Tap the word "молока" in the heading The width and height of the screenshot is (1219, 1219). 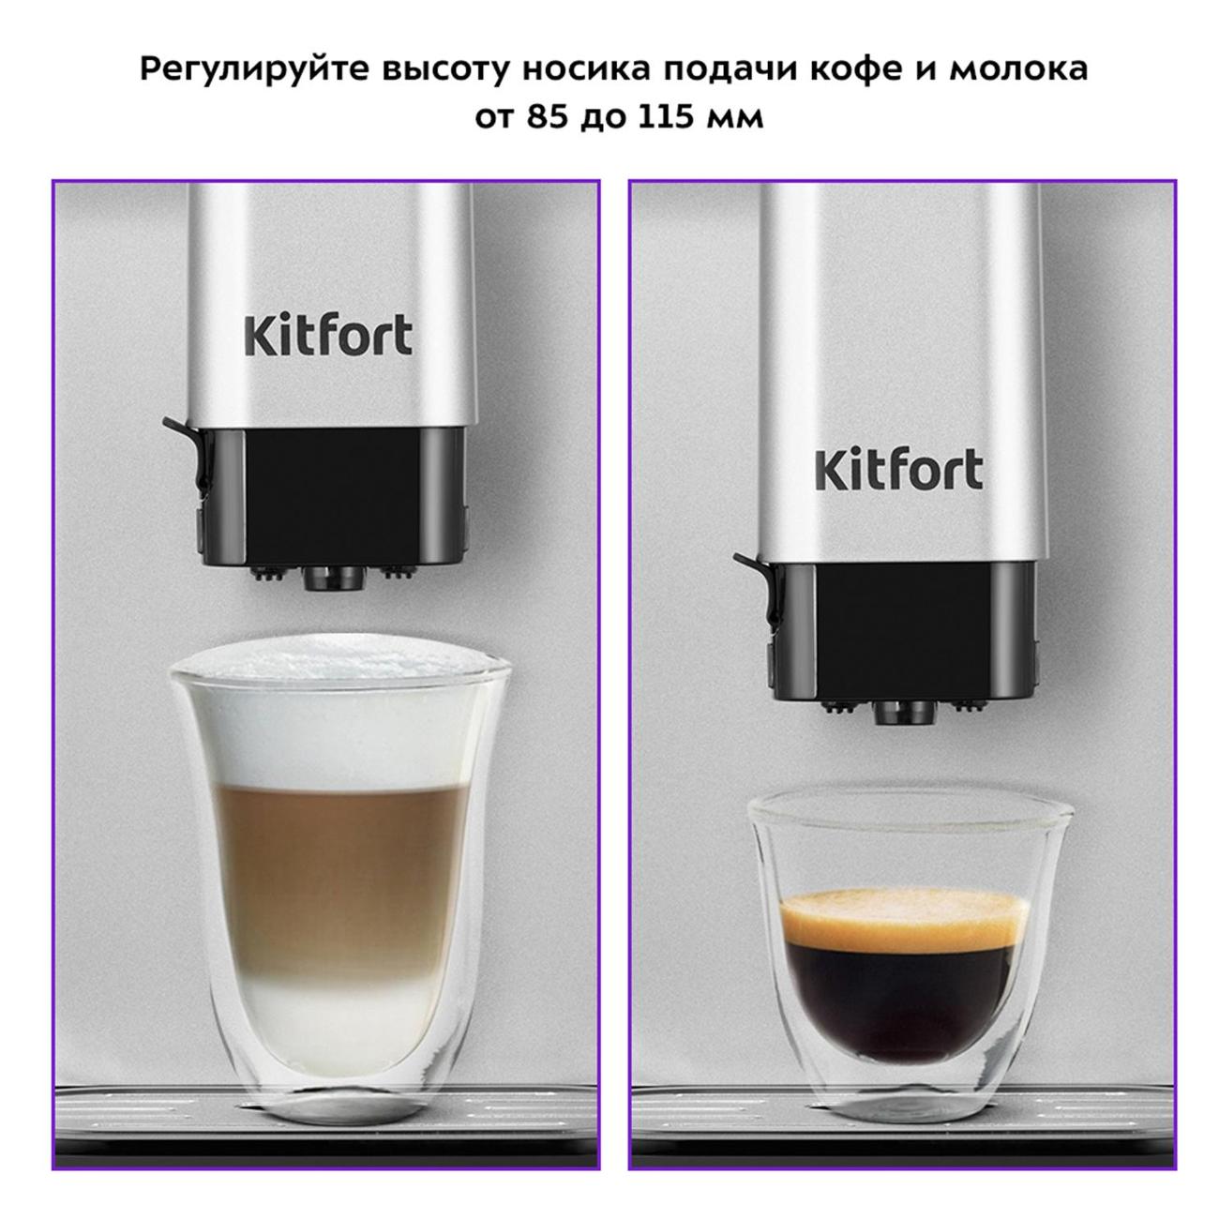(1019, 69)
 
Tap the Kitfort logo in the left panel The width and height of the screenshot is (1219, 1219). (328, 335)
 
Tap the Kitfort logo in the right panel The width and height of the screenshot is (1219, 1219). (899, 470)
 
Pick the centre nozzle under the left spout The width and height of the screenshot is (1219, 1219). (335, 578)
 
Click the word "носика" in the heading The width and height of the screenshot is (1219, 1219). (586, 70)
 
